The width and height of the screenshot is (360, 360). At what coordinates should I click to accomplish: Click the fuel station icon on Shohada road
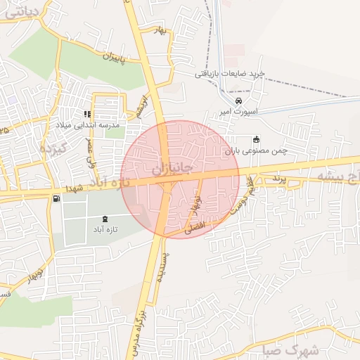pyautogui.click(x=56, y=199)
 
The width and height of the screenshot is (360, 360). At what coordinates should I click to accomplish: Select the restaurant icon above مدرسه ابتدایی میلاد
pyautogui.click(x=87, y=113)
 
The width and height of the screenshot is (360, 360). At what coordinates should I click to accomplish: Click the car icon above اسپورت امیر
pyautogui.click(x=239, y=101)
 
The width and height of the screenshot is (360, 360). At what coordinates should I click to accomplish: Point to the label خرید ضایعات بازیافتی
pyautogui.click(x=229, y=73)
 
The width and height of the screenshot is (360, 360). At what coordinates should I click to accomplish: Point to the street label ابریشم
pyautogui.click(x=143, y=108)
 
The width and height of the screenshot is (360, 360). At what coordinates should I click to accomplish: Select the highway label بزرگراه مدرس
pyautogui.click(x=137, y=330)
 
